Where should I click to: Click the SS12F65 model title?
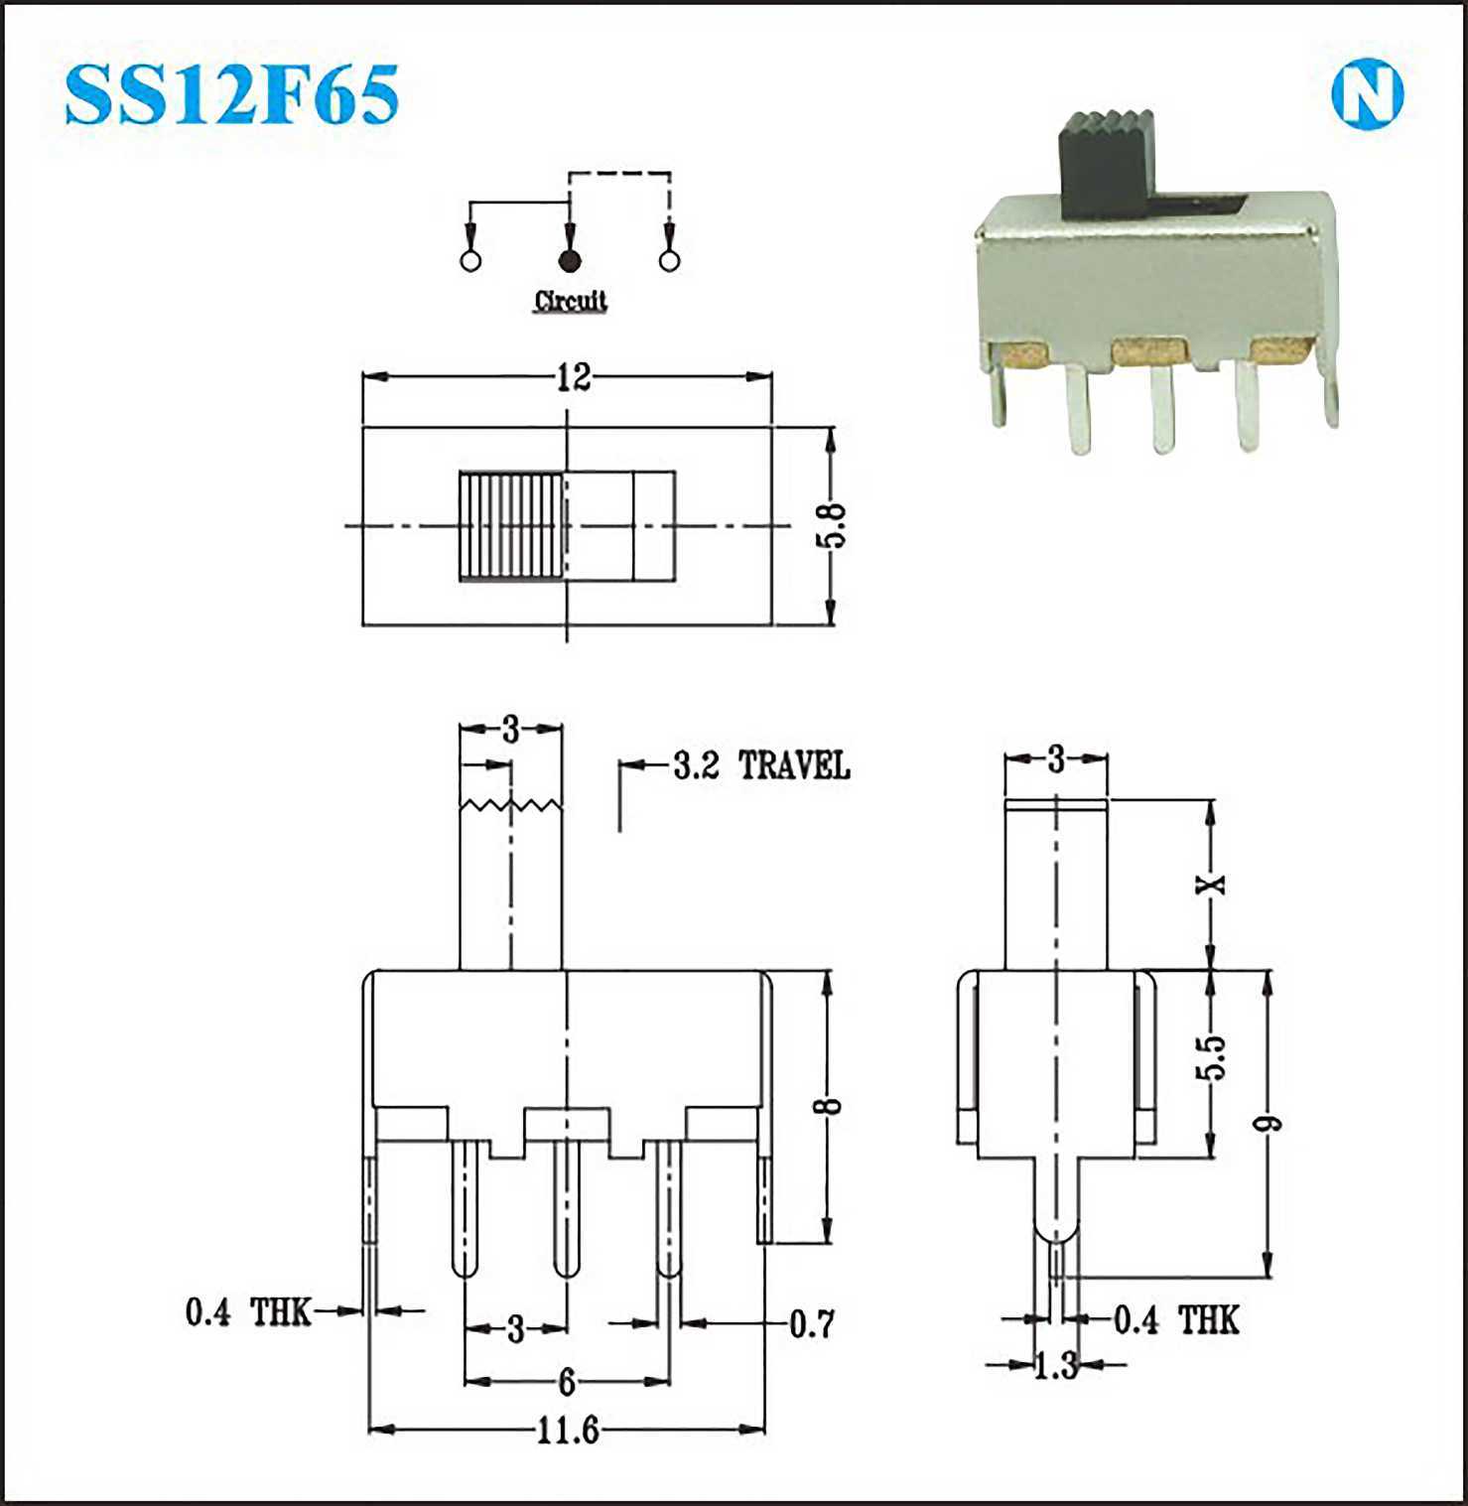coord(232,94)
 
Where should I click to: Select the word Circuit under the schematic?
coord(571,300)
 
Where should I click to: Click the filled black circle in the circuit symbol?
coord(569,261)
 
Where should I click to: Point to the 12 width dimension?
coord(573,377)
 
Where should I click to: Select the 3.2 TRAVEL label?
coord(761,765)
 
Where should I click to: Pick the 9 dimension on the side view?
coord(1268,1124)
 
